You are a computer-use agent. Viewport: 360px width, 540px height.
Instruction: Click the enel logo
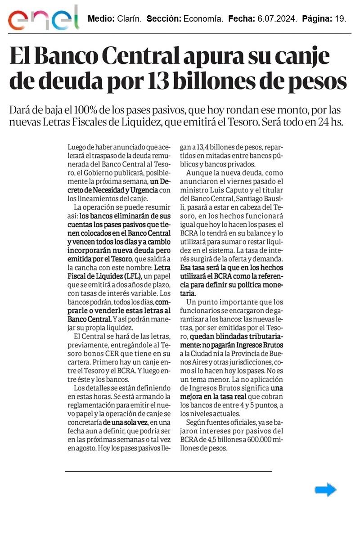[43, 18]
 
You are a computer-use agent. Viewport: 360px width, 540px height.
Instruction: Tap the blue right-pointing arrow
[325, 490]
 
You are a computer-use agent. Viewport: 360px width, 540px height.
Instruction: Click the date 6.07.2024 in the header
[275, 19]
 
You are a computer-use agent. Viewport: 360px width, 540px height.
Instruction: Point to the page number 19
[340, 19]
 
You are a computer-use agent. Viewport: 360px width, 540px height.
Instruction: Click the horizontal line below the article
[168, 471]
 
